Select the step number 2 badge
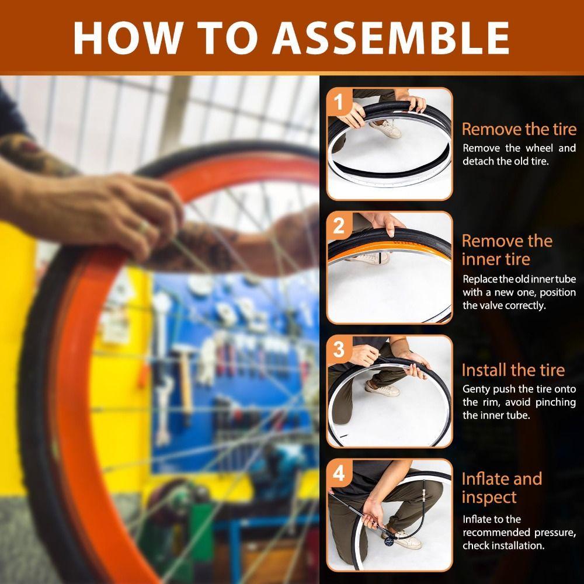(338, 226)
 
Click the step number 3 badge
(338, 350)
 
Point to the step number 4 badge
(338, 474)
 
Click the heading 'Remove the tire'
(519, 129)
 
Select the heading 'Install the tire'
(513, 370)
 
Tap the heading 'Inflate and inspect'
(501, 488)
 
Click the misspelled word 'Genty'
(477, 389)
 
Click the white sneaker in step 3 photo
(381, 387)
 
